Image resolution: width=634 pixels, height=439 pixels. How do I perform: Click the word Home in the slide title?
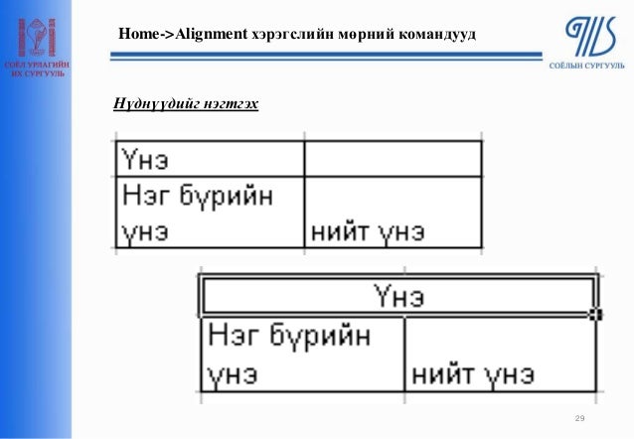pyautogui.click(x=138, y=35)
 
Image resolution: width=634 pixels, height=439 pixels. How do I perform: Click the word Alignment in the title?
pyautogui.click(x=211, y=35)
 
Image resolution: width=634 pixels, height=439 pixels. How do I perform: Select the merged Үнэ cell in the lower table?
pyautogui.click(x=398, y=296)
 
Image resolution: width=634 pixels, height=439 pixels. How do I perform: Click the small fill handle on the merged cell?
pyautogui.click(x=595, y=314)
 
